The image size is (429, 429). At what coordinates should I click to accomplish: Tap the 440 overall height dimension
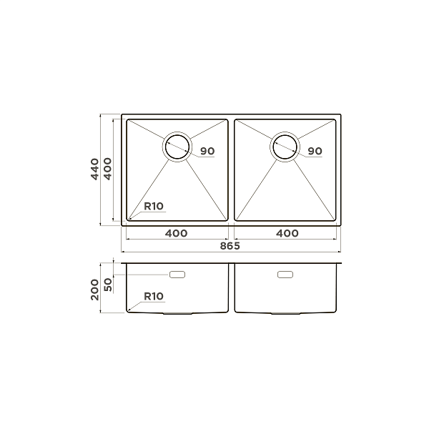94,169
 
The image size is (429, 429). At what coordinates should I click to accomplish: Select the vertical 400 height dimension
107,169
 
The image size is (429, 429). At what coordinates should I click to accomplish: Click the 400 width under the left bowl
177,233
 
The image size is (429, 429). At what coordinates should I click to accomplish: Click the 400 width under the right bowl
287,233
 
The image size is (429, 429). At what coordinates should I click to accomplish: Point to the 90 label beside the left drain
207,151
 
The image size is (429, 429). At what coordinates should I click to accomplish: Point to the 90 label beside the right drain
315,151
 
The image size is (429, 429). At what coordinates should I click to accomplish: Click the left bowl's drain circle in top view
177,146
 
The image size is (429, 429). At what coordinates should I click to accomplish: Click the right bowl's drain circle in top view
284,146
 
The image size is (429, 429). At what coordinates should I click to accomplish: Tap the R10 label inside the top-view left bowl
154,207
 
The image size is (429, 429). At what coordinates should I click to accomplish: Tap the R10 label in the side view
154,295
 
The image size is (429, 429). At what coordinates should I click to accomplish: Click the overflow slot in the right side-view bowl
285,274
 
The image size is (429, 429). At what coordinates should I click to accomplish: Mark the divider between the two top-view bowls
231,169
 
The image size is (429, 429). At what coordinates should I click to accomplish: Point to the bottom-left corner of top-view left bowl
128,220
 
